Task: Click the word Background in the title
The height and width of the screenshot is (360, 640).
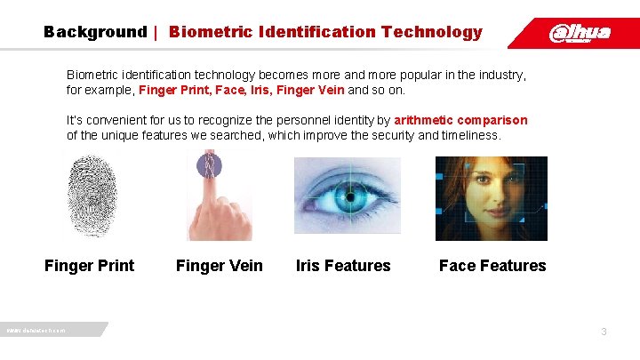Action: click(95, 32)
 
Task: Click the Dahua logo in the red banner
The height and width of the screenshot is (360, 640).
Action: click(580, 33)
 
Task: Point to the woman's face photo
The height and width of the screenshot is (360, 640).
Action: click(490, 197)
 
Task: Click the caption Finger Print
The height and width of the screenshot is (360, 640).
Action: click(90, 266)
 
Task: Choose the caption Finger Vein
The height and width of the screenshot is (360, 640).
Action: click(220, 266)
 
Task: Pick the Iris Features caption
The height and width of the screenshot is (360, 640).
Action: click(343, 266)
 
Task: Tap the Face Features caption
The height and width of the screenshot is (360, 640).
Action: click(492, 266)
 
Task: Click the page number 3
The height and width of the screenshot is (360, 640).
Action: click(604, 332)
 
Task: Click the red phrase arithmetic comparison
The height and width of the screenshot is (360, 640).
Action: click(460, 120)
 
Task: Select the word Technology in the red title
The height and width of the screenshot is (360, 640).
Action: click(431, 32)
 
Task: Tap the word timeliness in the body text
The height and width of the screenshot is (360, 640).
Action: click(471, 136)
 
